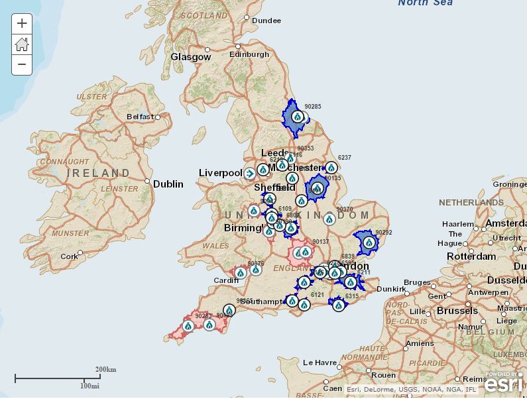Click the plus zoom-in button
pos(22,24)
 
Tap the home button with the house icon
pos(22,44)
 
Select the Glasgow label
pos(190,57)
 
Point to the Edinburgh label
pos(249,54)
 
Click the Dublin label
pos(168,184)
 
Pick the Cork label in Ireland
pos(69,256)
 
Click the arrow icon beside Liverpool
pos(249,174)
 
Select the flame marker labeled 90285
pos(298,117)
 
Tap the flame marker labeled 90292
pos(369,243)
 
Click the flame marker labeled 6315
pos(339,306)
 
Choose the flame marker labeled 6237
pos(331,168)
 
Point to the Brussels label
pos(457,310)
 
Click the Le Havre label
pos(320,363)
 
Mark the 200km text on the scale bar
pos(105,369)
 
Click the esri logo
pos(504,383)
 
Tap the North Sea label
pos(425,3)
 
